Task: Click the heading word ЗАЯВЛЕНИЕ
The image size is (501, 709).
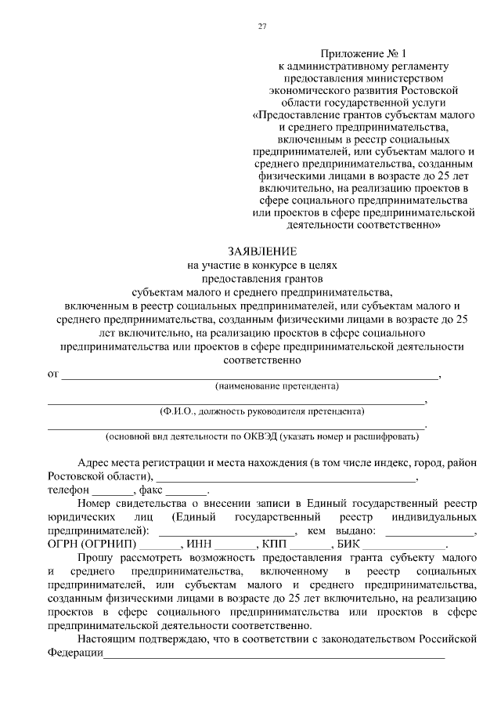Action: [x=262, y=251]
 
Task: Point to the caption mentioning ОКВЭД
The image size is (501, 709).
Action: [x=267, y=436]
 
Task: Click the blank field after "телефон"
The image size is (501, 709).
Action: [x=114, y=491]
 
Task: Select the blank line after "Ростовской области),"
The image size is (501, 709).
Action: [x=286, y=478]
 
